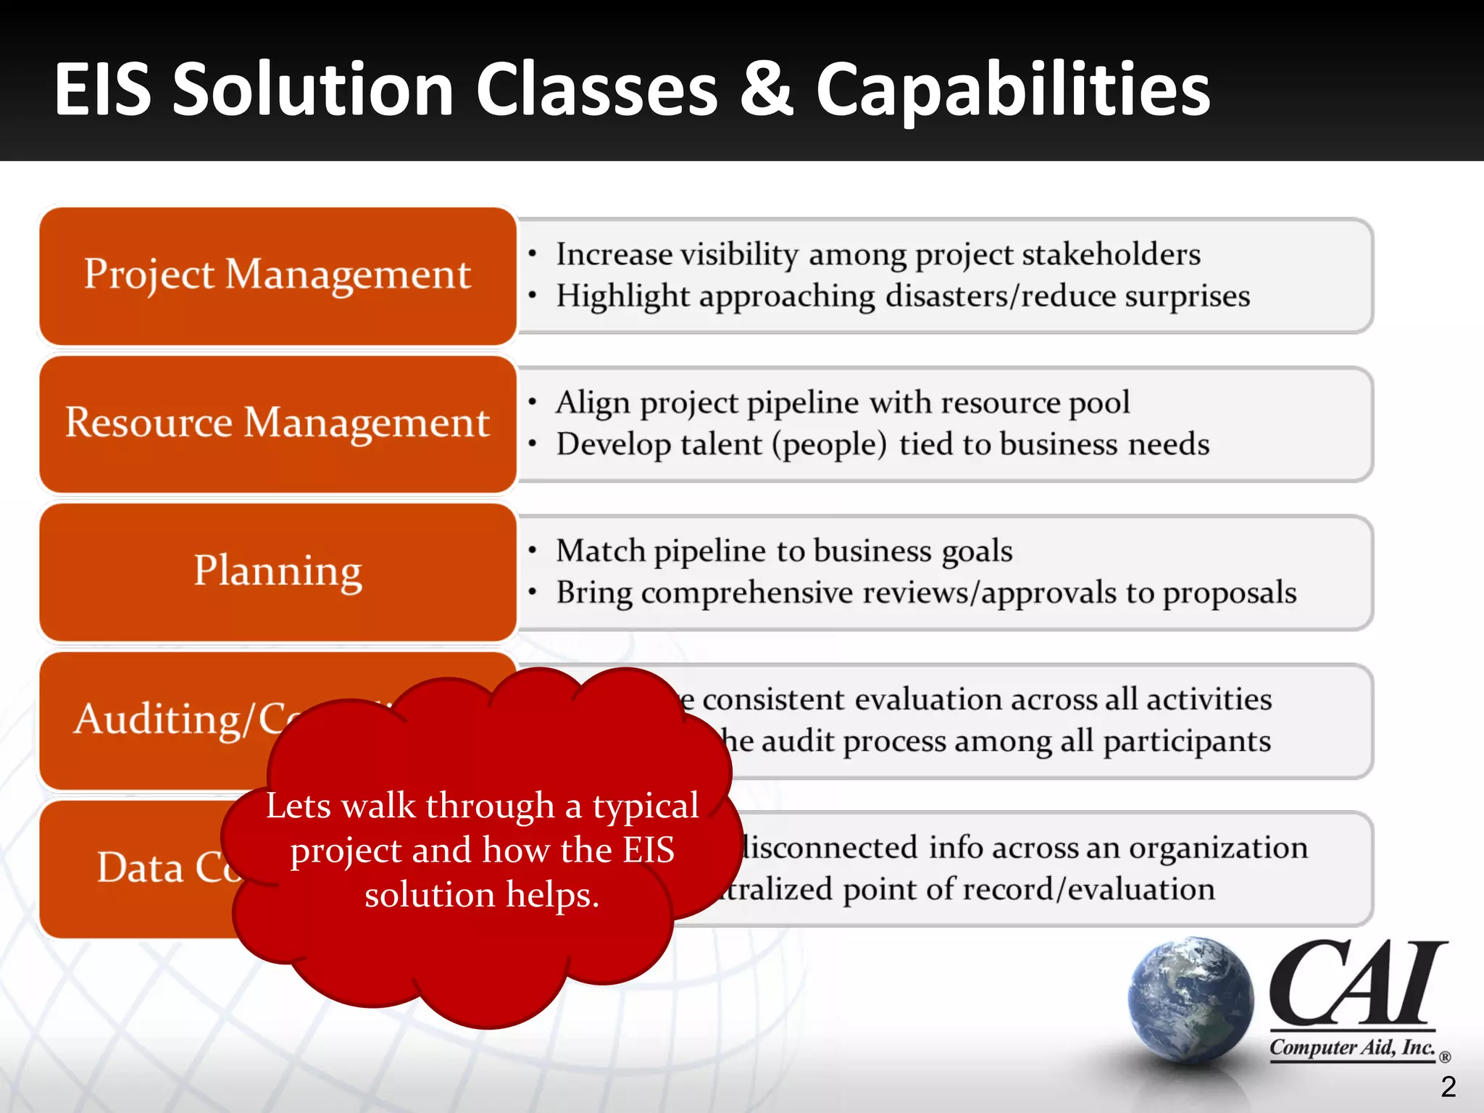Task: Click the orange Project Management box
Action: click(x=278, y=275)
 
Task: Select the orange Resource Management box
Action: click(x=278, y=423)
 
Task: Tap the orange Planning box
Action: click(x=278, y=572)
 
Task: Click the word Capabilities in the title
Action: click(x=1012, y=90)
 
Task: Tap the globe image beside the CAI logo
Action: click(x=1191, y=1000)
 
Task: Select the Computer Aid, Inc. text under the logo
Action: click(x=1352, y=1048)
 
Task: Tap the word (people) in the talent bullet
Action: click(x=829, y=445)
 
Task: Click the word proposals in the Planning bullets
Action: click(x=1229, y=593)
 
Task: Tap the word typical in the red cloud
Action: click(x=646, y=806)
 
